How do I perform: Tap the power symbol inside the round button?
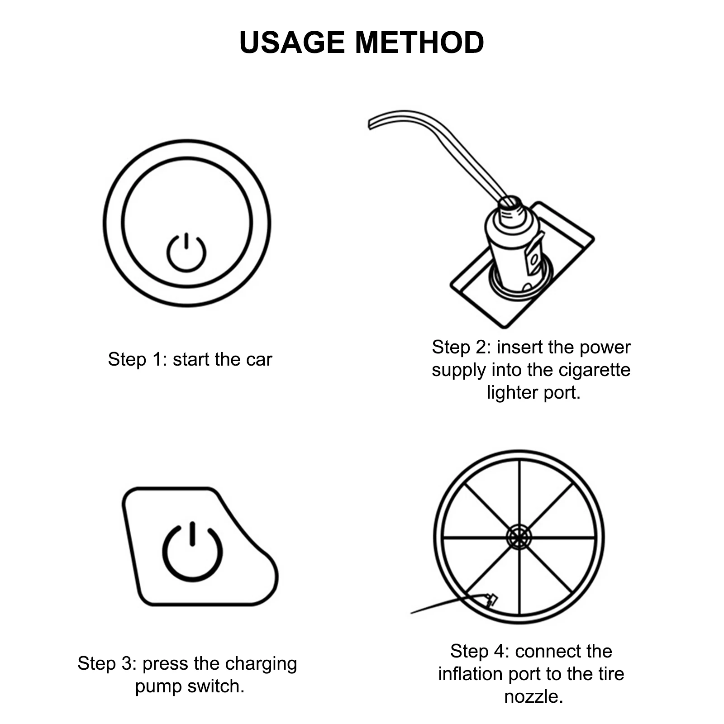point(186,252)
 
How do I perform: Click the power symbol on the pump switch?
point(192,552)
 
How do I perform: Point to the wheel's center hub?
point(519,538)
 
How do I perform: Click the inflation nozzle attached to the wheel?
point(491,600)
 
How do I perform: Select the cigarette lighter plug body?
point(514,247)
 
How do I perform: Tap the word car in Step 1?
point(259,360)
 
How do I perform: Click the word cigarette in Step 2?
point(594,370)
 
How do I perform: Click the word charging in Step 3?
point(261,663)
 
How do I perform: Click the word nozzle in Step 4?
point(533,696)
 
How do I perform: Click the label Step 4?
point(479,652)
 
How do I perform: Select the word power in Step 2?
point(605,348)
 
